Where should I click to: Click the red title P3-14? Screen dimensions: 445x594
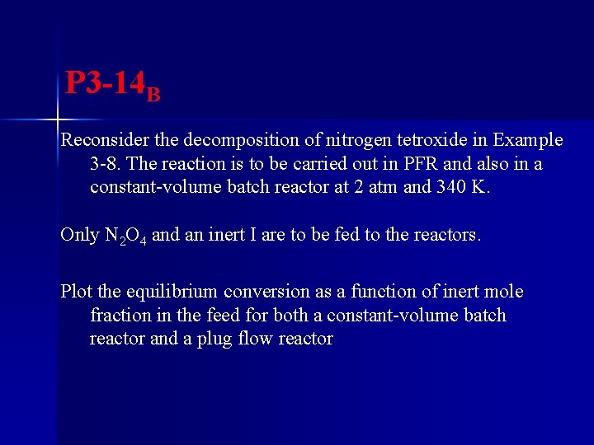pos(106,82)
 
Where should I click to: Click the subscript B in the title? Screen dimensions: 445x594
pos(153,92)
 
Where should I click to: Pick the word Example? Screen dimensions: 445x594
pos(527,140)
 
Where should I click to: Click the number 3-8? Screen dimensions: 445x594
pos(106,163)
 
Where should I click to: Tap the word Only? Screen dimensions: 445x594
pos(79,235)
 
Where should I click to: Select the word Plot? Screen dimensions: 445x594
pos(77,292)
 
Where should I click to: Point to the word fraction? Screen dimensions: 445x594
pos(120,316)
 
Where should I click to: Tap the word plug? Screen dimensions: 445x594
pos(214,340)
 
